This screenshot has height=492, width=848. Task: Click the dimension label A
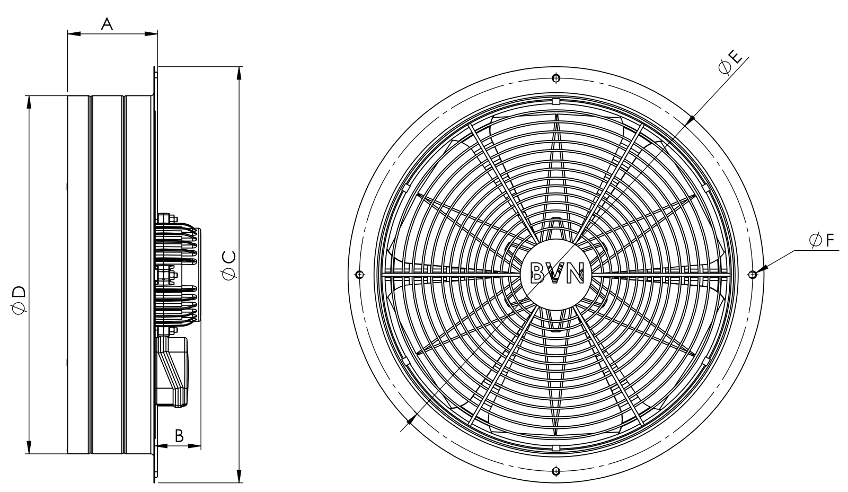107,24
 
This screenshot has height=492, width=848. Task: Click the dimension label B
179,436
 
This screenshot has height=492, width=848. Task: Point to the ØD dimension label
20,300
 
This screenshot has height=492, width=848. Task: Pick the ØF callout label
822,241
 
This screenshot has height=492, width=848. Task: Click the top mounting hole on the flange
556,78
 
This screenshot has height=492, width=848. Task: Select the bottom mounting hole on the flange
556,471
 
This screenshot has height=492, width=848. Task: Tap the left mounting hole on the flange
360,275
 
